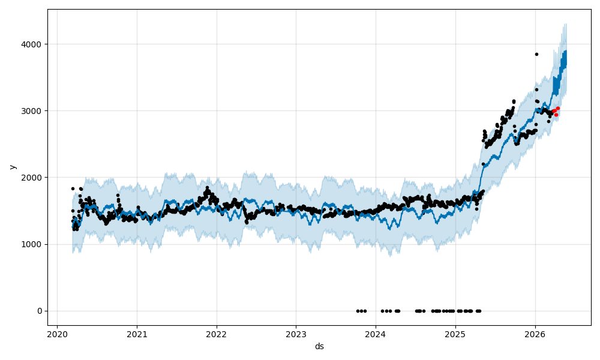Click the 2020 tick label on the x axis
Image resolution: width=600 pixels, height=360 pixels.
point(57,334)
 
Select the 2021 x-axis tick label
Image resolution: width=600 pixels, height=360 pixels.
point(137,334)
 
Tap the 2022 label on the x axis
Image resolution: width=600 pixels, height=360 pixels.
point(217,334)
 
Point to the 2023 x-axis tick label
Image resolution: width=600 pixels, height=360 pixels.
point(296,334)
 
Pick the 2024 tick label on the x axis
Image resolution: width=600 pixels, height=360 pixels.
point(376,334)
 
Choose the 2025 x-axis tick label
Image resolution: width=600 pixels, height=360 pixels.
point(455,334)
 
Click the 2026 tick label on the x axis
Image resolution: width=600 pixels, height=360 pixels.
point(535,334)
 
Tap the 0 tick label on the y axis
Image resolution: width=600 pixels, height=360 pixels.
point(40,311)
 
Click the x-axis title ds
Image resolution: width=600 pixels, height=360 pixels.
point(319,346)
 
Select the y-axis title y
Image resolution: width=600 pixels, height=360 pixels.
point(11,167)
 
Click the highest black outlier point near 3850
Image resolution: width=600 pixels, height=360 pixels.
point(536,54)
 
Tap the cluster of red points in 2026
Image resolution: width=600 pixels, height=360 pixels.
point(556,111)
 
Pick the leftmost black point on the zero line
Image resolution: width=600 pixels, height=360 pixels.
point(358,311)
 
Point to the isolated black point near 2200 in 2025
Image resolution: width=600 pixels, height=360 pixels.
point(483,164)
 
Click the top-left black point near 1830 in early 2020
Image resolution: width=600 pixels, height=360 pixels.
point(73,188)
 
